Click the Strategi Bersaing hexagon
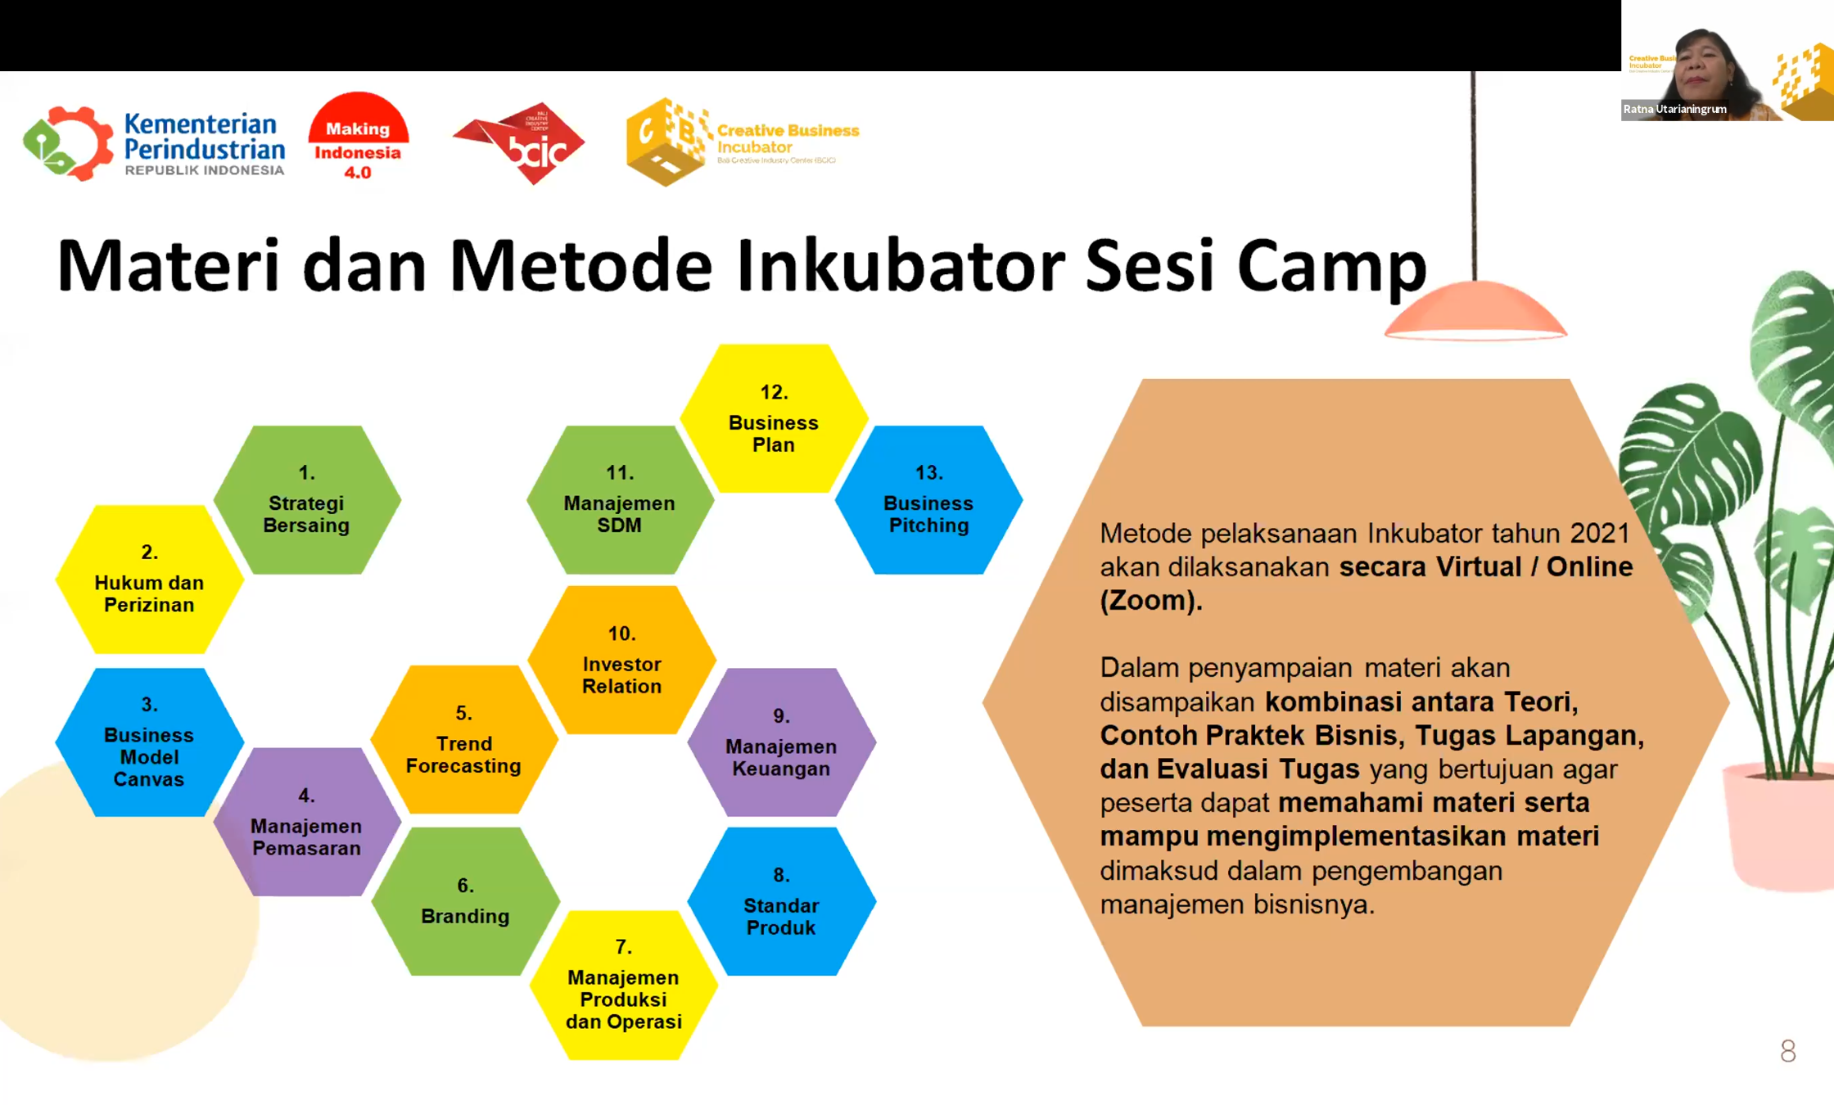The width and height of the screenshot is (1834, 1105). pyautogui.click(x=307, y=499)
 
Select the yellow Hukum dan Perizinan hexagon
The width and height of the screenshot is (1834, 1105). pyautogui.click(x=149, y=580)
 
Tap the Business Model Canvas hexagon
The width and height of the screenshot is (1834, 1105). pyautogui.click(x=149, y=742)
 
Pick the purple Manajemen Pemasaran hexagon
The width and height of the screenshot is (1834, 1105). pyautogui.click(x=307, y=822)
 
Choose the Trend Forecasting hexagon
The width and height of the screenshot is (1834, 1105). pyautogui.click(x=464, y=739)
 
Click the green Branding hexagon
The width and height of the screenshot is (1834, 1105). pyautogui.click(x=465, y=901)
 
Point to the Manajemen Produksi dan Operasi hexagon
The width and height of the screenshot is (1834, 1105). pyautogui.click(x=624, y=985)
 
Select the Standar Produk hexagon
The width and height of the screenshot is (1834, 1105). pyautogui.click(x=782, y=901)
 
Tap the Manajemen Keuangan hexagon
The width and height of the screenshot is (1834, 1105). pyautogui.click(x=782, y=742)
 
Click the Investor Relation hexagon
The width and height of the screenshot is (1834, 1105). pyautogui.click(x=622, y=660)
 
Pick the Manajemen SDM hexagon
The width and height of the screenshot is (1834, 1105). pyautogui.click(x=620, y=499)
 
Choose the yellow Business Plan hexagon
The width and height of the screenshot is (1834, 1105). pyautogui.click(x=774, y=418)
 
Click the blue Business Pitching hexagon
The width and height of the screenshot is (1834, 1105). pyautogui.click(x=929, y=499)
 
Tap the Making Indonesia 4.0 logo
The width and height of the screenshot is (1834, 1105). pyautogui.click(x=358, y=137)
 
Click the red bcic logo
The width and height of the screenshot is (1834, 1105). pyautogui.click(x=520, y=143)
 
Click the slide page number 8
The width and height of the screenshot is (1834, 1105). pyautogui.click(x=1788, y=1051)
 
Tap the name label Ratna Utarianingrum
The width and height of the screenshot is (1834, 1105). pyautogui.click(x=1675, y=109)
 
